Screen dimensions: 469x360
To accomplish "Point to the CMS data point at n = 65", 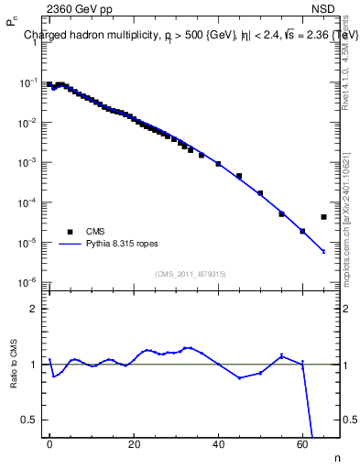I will click(323, 217).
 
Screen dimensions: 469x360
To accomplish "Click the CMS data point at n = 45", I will click(239, 176).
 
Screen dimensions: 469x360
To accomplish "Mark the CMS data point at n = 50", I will click(260, 193).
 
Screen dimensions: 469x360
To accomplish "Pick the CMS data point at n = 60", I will click(302, 231).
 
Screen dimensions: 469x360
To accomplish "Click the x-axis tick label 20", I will click(134, 444).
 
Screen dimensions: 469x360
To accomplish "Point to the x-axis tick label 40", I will click(218, 444).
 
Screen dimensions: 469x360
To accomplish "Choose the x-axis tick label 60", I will click(302, 444).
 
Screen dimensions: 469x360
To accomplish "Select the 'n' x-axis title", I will click(335, 457).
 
